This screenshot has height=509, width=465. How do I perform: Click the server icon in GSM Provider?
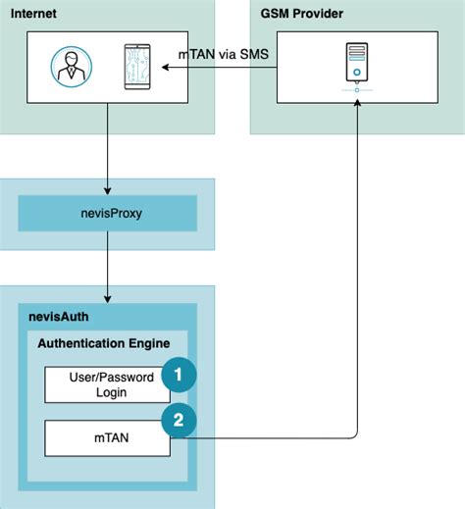pos(357,65)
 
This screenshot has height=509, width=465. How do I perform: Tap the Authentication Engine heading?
pos(103,343)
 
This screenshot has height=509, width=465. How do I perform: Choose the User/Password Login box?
pos(108,383)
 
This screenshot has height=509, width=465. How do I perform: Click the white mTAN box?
pos(108,436)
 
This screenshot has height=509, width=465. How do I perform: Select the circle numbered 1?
pos(180,374)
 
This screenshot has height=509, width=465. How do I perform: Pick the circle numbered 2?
pos(180,421)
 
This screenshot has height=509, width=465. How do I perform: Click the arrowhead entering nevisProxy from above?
pos(108,191)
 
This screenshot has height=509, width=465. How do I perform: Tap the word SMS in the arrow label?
pos(252,54)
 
